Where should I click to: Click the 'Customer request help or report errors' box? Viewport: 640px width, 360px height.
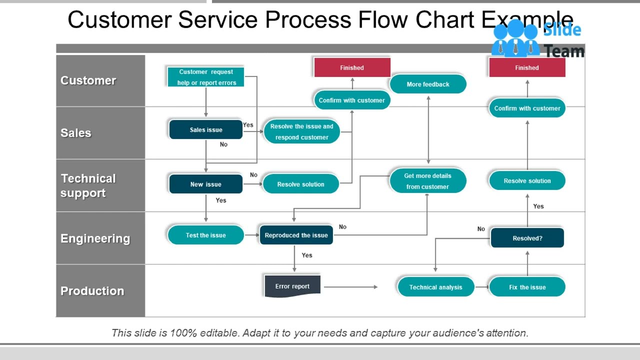pyautogui.click(x=205, y=77)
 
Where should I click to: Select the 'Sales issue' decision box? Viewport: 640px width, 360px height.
pyautogui.click(x=205, y=129)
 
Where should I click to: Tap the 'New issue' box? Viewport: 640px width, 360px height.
pyautogui.click(x=205, y=184)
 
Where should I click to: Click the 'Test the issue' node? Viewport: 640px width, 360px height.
pyautogui.click(x=205, y=235)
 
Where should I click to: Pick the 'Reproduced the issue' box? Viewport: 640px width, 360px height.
pyautogui.click(x=296, y=235)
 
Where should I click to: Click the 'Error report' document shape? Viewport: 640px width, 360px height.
pyautogui.click(x=292, y=286)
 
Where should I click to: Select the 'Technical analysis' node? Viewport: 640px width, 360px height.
pyautogui.click(x=435, y=287)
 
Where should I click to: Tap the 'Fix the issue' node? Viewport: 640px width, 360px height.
pyautogui.click(x=527, y=287)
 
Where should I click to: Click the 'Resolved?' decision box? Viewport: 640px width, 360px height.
pyautogui.click(x=527, y=238)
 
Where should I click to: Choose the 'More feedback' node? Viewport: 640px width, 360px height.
pyautogui.click(x=427, y=84)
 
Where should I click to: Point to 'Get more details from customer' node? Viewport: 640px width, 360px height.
pyautogui.click(x=427, y=181)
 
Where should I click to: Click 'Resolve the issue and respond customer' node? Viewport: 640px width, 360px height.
pyautogui.click(x=301, y=131)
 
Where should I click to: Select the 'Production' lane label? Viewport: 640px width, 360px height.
pyautogui.click(x=92, y=291)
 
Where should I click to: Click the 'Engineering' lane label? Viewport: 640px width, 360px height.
pyautogui.click(x=95, y=238)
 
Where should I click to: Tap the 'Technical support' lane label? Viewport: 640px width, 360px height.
pyautogui.click(x=88, y=185)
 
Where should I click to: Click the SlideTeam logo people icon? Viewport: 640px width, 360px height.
pyautogui.click(x=515, y=39)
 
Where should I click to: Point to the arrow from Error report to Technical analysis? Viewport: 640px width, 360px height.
pyautogui.click(x=350, y=287)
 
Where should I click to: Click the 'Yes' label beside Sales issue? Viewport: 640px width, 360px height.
pyautogui.click(x=248, y=125)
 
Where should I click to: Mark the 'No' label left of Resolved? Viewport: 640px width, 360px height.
pyautogui.click(x=481, y=229)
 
